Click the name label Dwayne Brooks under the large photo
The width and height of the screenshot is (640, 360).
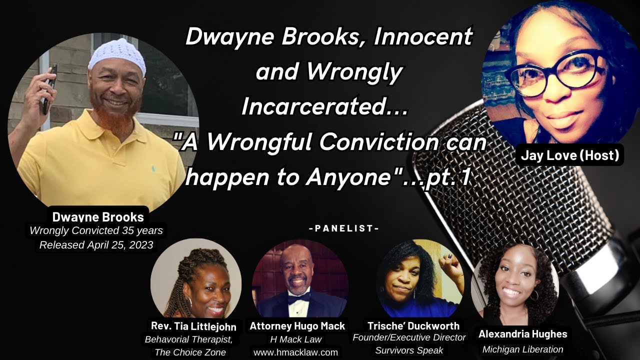pyautogui.click(x=98, y=217)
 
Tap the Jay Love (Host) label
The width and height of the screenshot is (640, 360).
pyautogui.click(x=570, y=155)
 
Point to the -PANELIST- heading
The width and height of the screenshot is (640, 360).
pyautogui.click(x=344, y=228)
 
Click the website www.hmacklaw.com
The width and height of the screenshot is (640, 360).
pyautogui.click(x=296, y=352)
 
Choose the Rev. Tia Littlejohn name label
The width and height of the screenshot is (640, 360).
pyautogui.click(x=193, y=326)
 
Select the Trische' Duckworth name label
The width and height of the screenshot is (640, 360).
pyautogui.click(x=413, y=326)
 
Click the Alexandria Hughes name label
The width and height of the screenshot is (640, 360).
pyautogui.click(x=522, y=334)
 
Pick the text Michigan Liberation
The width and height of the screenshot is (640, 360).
pyautogui.click(x=522, y=349)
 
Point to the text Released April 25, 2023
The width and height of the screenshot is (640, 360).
pyautogui.click(x=96, y=245)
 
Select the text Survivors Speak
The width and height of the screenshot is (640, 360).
pyautogui.click(x=409, y=350)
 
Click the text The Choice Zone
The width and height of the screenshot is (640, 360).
pyautogui.click(x=190, y=352)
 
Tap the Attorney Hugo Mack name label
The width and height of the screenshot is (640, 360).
pyautogui.click(x=297, y=326)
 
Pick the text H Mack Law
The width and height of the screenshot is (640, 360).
pyautogui.click(x=296, y=339)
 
